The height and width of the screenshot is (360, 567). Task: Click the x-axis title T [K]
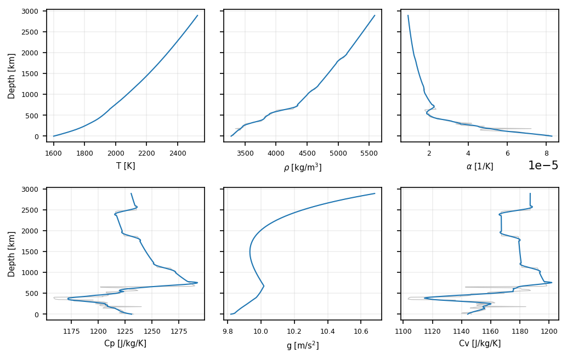click(x=126, y=166)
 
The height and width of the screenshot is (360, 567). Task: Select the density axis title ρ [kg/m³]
click(x=303, y=167)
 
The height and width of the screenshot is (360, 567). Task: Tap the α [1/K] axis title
click(x=480, y=166)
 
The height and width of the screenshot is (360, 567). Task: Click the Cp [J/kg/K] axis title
click(x=125, y=344)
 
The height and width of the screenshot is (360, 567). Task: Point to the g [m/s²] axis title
click(x=303, y=345)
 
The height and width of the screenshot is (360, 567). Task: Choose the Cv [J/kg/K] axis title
click(x=480, y=344)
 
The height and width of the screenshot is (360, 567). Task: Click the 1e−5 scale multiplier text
click(x=543, y=166)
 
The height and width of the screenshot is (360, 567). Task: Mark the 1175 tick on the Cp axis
click(x=72, y=330)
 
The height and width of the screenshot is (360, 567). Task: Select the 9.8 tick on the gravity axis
click(x=228, y=330)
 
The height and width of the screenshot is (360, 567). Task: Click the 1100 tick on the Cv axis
click(x=404, y=330)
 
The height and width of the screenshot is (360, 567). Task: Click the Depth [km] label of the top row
click(x=12, y=76)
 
